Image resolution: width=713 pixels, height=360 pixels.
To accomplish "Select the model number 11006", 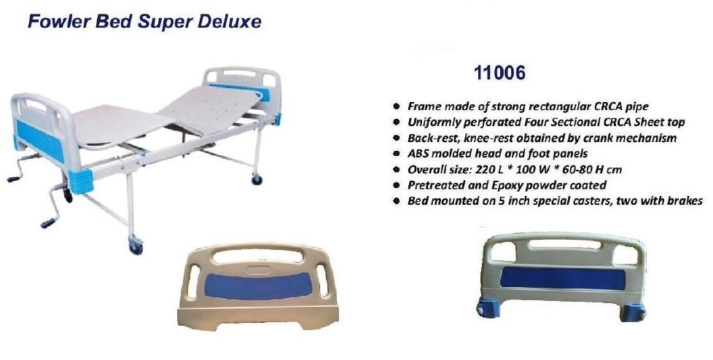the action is click(499, 73).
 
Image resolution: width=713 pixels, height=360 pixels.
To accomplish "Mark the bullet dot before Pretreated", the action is click(397, 185).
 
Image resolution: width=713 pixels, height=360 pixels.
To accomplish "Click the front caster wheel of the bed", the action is click(136, 248).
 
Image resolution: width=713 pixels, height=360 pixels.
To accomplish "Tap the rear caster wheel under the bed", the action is click(257, 179).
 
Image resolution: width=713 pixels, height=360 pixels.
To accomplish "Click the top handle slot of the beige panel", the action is click(258, 256).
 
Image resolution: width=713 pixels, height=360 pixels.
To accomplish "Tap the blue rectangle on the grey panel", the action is click(563, 278).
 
